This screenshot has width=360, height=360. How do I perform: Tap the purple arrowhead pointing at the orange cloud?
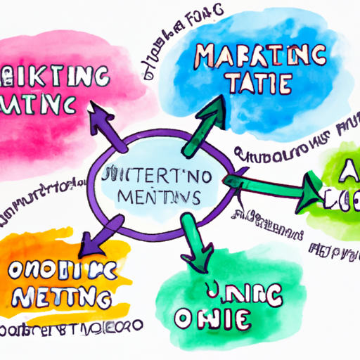click(x=91, y=245)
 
